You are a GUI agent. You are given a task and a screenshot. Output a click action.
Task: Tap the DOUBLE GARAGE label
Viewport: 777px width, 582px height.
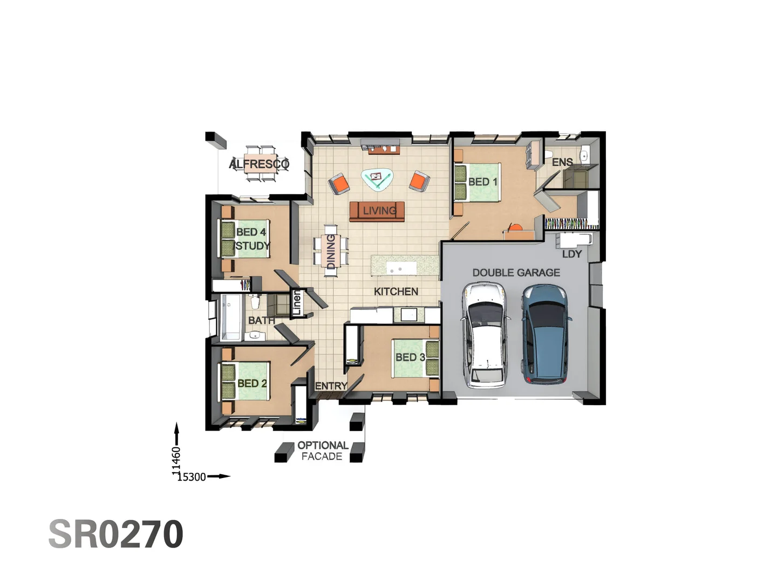[x=516, y=273]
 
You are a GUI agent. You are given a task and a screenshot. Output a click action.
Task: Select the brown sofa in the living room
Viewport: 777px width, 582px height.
[x=377, y=211]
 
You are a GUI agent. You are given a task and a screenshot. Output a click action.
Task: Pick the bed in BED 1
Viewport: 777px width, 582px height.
[x=477, y=182]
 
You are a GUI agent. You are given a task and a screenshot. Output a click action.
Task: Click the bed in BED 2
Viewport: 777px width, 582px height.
[x=246, y=382]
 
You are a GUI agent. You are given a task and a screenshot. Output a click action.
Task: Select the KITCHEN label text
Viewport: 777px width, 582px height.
[x=396, y=292]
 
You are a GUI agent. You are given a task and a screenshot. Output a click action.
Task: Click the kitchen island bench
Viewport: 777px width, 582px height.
[x=405, y=265]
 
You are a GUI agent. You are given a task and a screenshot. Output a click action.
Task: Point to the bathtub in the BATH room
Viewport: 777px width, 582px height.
[x=231, y=318]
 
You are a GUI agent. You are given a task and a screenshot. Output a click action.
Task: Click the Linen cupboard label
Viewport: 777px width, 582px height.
[x=296, y=303]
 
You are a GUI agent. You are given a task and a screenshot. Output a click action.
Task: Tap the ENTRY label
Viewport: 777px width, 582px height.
[x=331, y=386]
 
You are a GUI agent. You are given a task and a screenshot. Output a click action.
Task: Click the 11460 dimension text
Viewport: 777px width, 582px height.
[x=176, y=461]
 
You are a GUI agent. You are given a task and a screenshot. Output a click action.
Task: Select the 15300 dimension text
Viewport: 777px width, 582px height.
[x=192, y=477]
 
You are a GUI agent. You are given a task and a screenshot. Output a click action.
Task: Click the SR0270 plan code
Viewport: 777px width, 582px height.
[x=116, y=534]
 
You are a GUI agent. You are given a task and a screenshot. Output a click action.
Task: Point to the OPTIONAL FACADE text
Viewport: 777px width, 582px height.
[x=322, y=451]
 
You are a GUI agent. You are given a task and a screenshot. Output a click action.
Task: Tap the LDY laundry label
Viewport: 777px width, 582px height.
[x=571, y=254]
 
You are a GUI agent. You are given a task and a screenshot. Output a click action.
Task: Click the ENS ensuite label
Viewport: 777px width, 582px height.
[x=562, y=162]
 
